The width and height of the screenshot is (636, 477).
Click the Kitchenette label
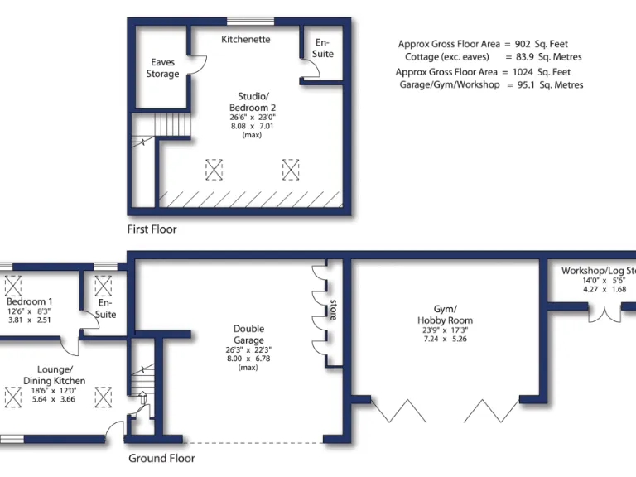click(246, 39)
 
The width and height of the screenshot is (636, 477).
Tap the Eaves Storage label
click(163, 68)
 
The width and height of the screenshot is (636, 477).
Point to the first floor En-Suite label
click(323, 48)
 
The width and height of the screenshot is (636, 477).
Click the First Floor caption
click(152, 229)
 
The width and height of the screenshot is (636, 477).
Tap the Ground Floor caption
click(161, 458)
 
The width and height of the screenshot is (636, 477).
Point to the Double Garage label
click(248, 335)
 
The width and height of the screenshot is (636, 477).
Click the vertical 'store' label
click(334, 309)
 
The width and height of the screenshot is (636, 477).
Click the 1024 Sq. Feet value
click(559, 72)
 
